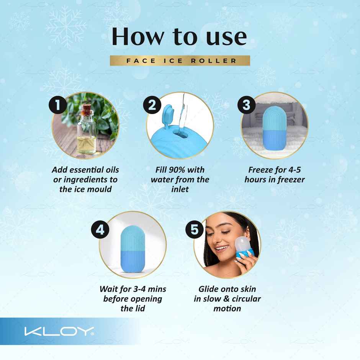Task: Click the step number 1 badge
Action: tap(58, 105)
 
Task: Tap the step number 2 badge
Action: tap(152, 105)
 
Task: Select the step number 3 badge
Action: tap(247, 105)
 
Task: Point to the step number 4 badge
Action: tap(100, 230)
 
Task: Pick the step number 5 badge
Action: tap(195, 230)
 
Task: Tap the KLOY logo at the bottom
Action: tap(59, 331)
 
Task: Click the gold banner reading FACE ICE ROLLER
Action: tap(180, 61)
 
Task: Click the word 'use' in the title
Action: tap(226, 37)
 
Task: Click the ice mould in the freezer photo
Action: tap(273, 124)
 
